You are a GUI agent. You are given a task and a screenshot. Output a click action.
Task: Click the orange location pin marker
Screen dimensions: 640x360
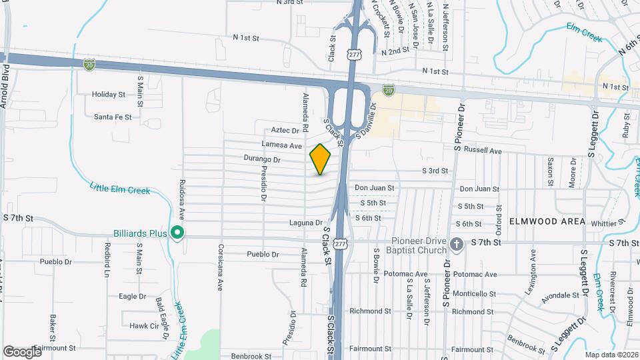320,159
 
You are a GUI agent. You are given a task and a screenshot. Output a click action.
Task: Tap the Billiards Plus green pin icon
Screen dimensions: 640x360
177,233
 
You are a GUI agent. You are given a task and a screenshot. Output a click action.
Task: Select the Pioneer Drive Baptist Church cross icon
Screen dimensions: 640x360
457,244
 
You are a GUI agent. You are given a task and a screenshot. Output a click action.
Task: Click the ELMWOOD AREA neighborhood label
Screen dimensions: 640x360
547,221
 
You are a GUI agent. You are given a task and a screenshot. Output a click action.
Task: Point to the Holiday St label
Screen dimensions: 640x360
109,95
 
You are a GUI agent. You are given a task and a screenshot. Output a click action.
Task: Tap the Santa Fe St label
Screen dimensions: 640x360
112,117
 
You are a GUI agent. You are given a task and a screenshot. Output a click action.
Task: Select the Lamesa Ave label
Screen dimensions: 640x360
282,145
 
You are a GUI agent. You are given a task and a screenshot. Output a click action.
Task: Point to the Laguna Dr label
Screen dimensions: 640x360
306,223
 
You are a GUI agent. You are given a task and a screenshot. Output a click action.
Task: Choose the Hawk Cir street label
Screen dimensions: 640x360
144,326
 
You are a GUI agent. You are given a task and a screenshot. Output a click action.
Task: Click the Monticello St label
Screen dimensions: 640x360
473,293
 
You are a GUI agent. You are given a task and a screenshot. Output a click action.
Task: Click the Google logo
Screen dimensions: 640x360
22,351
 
